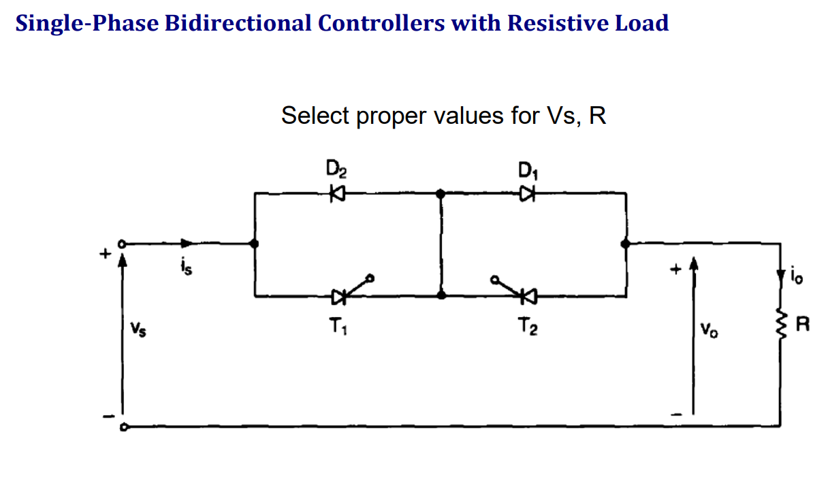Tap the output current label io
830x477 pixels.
tap(797, 277)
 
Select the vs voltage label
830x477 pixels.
tap(139, 331)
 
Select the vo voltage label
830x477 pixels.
tap(710, 331)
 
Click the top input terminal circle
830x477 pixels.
tap(123, 244)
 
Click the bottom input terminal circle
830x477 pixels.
tap(123, 427)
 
